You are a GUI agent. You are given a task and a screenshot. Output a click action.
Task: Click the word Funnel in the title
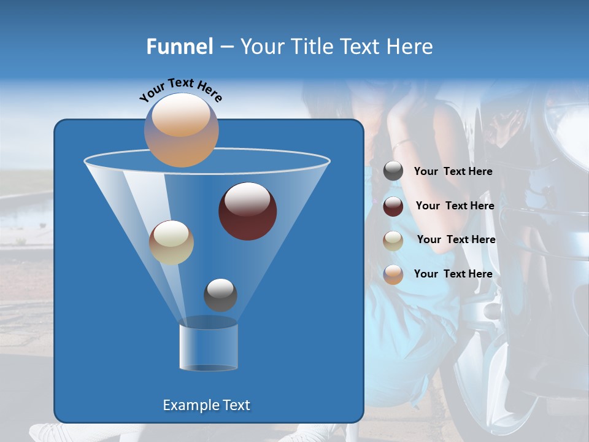[180, 47]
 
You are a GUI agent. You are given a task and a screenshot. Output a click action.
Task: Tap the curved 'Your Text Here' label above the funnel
[180, 90]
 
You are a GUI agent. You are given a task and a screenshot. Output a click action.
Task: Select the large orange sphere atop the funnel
[181, 130]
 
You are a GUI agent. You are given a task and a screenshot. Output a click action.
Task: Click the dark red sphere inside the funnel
[247, 211]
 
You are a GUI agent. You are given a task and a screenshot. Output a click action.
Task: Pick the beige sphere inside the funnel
[171, 242]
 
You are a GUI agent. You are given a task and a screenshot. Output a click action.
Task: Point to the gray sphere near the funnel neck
[220, 295]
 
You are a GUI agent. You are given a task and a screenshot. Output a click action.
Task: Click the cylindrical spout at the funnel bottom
[208, 347]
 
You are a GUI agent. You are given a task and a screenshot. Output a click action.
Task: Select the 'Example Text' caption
[206, 405]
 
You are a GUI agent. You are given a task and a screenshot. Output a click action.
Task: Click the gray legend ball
[393, 171]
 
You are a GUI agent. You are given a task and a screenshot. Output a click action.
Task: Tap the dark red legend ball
[393, 206]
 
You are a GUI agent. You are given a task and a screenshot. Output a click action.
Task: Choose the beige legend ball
[393, 240]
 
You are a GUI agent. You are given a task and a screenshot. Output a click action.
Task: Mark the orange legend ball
[393, 274]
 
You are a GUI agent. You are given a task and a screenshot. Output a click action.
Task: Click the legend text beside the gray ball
[453, 172]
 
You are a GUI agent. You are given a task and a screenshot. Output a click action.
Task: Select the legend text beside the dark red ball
[455, 206]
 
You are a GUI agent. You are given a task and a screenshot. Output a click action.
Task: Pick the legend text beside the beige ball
[456, 239]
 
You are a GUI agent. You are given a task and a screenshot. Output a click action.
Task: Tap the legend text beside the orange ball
[453, 274]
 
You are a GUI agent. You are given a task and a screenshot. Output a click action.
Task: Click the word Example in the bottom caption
[187, 405]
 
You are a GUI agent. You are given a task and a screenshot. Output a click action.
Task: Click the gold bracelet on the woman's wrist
[402, 144]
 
